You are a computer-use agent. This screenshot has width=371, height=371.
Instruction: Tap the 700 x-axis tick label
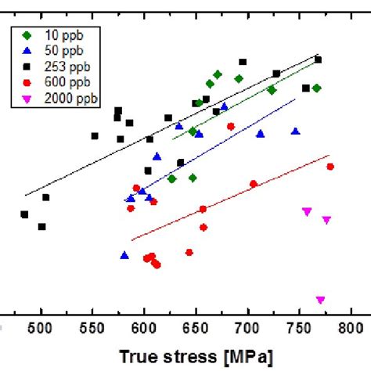point(248,329)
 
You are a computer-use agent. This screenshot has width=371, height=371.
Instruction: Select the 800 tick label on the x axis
point(351,329)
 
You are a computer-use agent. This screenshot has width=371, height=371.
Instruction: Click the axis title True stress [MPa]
point(196,357)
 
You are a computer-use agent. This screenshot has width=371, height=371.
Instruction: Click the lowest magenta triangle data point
point(320,300)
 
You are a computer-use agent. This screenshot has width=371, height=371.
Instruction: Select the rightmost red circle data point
point(330,166)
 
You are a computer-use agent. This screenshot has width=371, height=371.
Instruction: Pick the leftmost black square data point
point(24,214)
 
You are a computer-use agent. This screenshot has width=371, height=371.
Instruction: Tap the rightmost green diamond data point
point(316,88)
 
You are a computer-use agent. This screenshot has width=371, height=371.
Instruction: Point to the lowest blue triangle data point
point(124,255)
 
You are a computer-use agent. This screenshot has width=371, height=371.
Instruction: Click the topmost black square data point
point(318,59)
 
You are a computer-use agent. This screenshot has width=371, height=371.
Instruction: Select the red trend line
point(235,196)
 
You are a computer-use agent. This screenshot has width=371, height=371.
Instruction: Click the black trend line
point(172,125)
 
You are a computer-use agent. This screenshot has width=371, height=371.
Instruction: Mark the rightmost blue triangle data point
point(295,131)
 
